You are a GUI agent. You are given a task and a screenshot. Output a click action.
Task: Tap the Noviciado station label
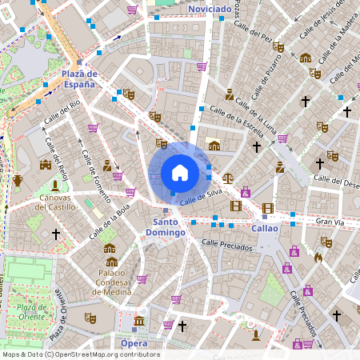point(210,9)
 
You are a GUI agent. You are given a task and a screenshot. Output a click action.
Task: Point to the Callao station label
point(265,228)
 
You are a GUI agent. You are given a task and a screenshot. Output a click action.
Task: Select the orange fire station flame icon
point(318,258)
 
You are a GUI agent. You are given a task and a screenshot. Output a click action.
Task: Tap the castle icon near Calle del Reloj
point(46,165)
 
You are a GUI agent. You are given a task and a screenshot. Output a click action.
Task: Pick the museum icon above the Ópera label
point(139,322)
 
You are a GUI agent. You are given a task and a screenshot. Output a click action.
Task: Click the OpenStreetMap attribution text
point(80,354)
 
